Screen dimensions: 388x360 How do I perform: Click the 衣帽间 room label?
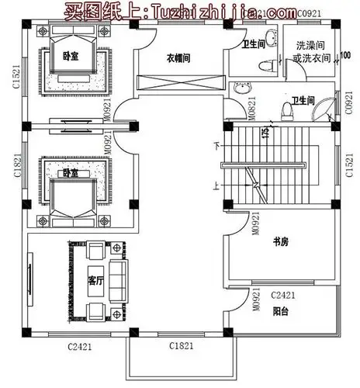click(178, 57)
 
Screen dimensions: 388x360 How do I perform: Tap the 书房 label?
click(280, 242)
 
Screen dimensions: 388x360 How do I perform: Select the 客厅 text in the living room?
click(95, 279)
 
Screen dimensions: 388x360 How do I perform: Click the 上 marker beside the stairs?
click(216, 185)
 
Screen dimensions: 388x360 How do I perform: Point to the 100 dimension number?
click(344, 56)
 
